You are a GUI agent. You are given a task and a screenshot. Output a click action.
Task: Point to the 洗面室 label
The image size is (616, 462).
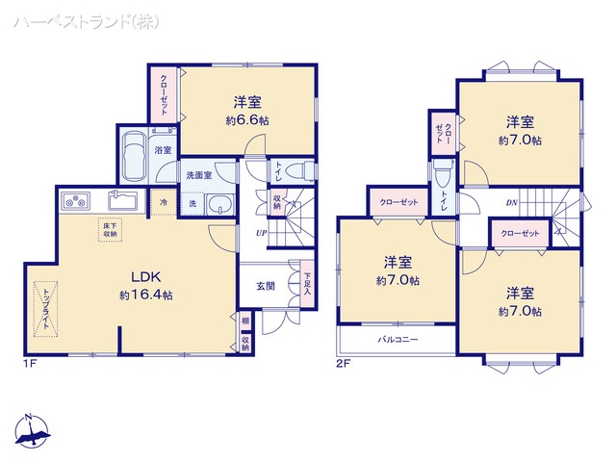click(x=198, y=175)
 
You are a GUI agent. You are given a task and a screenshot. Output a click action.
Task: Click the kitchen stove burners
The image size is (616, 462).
click(x=74, y=201)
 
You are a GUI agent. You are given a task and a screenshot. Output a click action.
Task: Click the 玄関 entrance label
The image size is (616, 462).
click(x=265, y=286)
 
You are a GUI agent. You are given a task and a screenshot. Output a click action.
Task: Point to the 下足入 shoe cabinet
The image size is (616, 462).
click(x=306, y=285)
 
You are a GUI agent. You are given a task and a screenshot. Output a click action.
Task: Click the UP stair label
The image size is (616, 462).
click(x=261, y=233)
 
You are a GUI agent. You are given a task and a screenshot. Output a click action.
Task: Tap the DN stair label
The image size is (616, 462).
click(x=511, y=202)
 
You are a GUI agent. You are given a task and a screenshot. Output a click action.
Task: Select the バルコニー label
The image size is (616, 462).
click(x=397, y=340)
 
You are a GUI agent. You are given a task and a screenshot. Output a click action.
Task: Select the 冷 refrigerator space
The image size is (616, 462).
click(x=164, y=203)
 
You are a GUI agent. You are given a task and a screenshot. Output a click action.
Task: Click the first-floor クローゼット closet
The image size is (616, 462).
click(x=164, y=94)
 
